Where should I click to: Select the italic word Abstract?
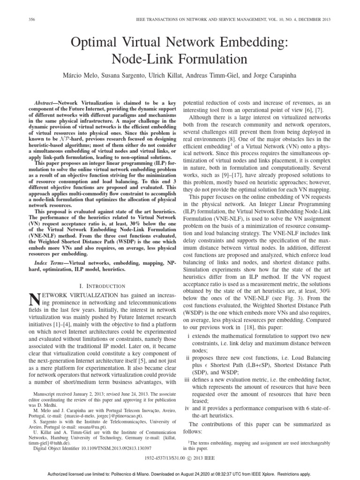47,102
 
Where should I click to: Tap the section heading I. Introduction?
102,285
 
